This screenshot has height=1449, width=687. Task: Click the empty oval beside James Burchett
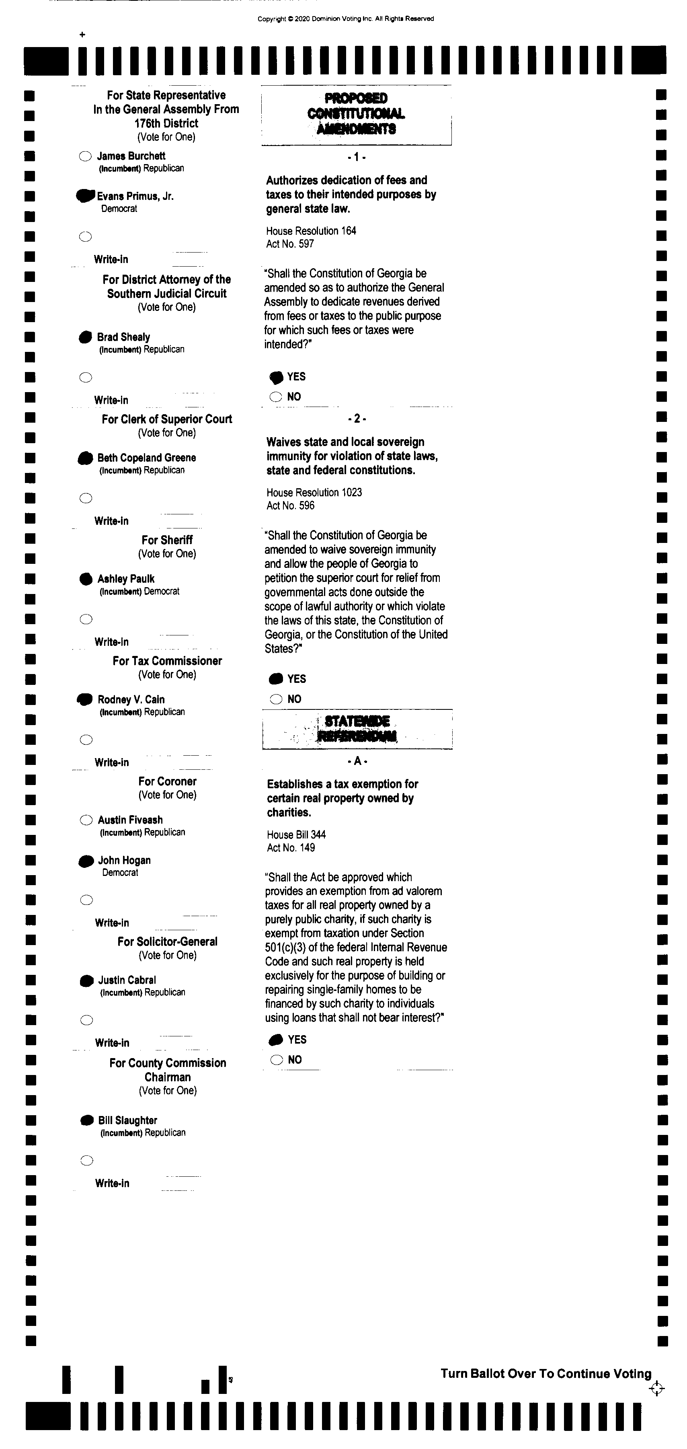pyautogui.click(x=85, y=156)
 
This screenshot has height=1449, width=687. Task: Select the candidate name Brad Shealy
pyautogui.click(x=123, y=337)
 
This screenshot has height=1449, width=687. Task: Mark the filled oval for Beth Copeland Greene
pyautogui.click(x=86, y=458)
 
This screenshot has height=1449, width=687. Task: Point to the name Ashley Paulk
pyautogui.click(x=126, y=579)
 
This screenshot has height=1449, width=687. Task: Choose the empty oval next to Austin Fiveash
pyautogui.click(x=86, y=820)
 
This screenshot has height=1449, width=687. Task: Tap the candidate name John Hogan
pyautogui.click(x=124, y=860)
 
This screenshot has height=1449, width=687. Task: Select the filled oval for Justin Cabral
pyautogui.click(x=86, y=980)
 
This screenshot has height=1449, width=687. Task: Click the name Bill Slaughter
pyautogui.click(x=127, y=1120)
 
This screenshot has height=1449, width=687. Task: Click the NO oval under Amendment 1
pyautogui.click(x=275, y=397)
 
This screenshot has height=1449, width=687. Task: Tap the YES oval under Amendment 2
pyautogui.click(x=276, y=679)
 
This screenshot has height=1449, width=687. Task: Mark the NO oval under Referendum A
pyautogui.click(x=277, y=1060)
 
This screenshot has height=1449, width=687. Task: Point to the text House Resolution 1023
pyautogui.click(x=314, y=492)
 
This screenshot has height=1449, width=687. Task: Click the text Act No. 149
pyautogui.click(x=291, y=848)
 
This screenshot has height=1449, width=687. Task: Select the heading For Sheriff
pyautogui.click(x=167, y=540)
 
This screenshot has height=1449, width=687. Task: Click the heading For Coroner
pyautogui.click(x=168, y=781)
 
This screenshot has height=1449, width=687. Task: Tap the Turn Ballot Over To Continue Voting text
pyautogui.click(x=545, y=1374)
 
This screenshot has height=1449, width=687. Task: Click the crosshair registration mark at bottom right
pyautogui.click(x=656, y=1389)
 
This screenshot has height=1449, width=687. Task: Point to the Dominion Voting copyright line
pyautogui.click(x=346, y=18)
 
